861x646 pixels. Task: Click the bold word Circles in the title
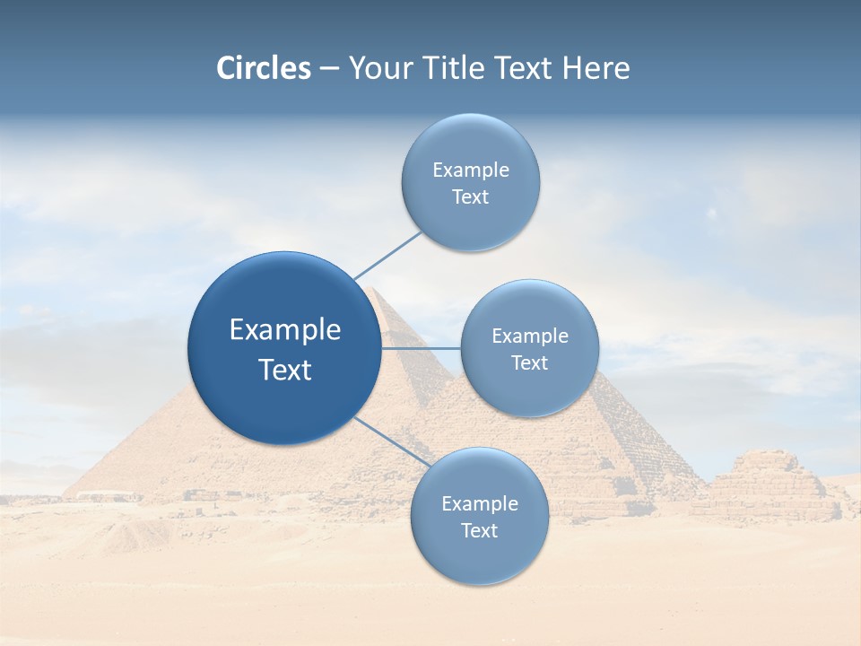(x=264, y=68)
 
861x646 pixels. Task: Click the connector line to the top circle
(x=387, y=255)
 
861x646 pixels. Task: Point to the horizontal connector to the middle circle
(x=421, y=348)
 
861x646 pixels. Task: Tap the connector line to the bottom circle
(x=391, y=441)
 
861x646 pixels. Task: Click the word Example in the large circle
(x=285, y=330)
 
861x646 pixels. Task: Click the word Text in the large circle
(x=285, y=370)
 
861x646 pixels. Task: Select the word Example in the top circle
(x=471, y=170)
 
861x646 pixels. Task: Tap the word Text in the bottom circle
(x=479, y=531)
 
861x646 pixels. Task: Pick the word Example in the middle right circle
(x=530, y=336)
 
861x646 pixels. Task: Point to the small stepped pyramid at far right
(x=768, y=484)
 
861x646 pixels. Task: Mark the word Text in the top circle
(x=470, y=197)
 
